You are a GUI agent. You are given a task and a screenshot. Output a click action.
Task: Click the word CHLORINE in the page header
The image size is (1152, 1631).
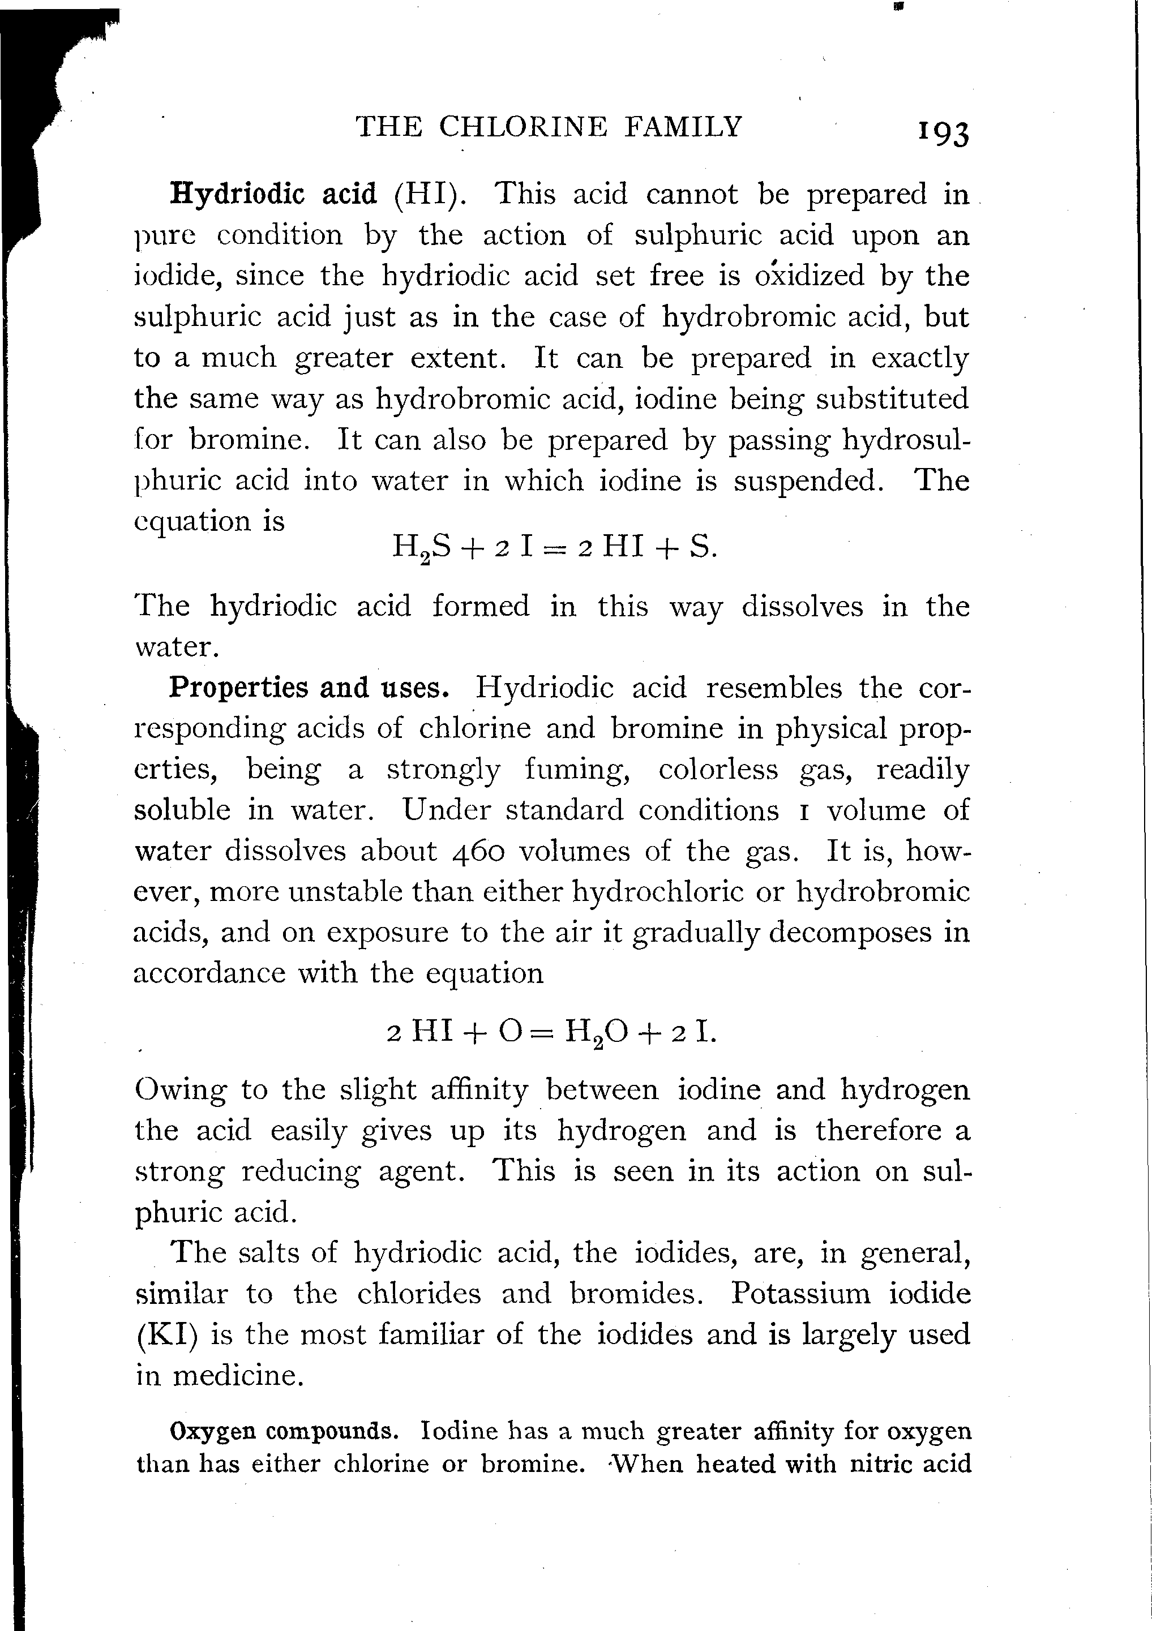tap(523, 126)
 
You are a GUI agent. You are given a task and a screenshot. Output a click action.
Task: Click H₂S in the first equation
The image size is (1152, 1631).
tap(421, 548)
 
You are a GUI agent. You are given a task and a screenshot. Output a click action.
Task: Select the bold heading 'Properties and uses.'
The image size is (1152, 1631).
tap(309, 688)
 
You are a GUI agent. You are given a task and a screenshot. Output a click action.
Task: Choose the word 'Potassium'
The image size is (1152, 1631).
tap(800, 1293)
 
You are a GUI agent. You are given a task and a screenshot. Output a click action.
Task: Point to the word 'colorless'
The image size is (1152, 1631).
tap(718, 769)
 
